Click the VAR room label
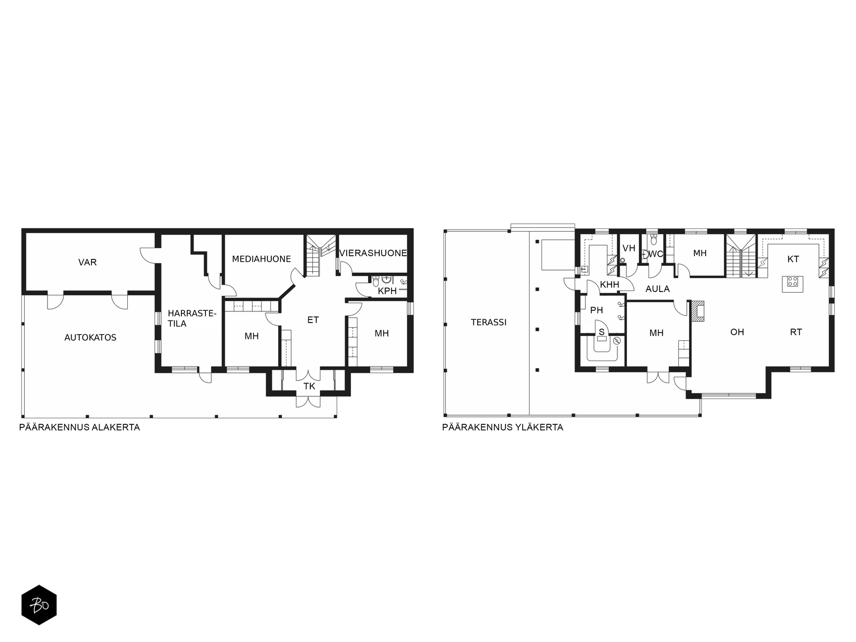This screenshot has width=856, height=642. tap(87, 262)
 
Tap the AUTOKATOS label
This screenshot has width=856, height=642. tap(90, 338)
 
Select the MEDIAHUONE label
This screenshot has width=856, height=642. tap(261, 259)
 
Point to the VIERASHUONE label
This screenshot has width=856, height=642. tap(373, 253)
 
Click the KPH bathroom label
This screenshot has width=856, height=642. tap(387, 291)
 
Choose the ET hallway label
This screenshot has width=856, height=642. tap(313, 320)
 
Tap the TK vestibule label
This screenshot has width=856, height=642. tap(309, 386)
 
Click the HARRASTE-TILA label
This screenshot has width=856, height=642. tap(192, 318)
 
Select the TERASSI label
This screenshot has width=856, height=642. tap(488, 323)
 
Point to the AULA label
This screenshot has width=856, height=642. tap(658, 289)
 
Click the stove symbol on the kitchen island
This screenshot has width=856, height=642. tap(792, 281)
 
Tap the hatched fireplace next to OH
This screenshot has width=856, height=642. tap(698, 311)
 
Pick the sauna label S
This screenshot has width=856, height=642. tap(601, 332)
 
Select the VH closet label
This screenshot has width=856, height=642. tap(629, 248)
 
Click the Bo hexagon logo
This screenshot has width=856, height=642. tap(39, 605)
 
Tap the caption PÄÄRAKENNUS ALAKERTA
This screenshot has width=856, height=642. tap(80, 427)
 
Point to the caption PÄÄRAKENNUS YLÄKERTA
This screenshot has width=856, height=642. tap(502, 427)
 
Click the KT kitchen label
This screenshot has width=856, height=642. tap(793, 259)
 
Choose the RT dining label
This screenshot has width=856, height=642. tap(796, 332)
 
